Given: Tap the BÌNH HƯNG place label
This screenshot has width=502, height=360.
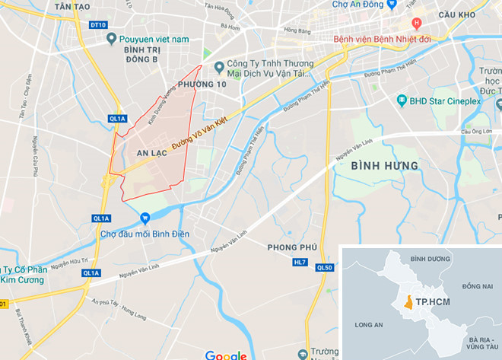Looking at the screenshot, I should pyautogui.click(x=385, y=165).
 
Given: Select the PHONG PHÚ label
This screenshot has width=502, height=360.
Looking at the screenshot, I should pyautogui.click(x=292, y=247).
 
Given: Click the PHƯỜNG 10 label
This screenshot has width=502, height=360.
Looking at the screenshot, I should pyautogui.click(x=201, y=84).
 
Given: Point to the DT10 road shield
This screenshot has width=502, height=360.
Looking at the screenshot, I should pyautogui.click(x=97, y=25).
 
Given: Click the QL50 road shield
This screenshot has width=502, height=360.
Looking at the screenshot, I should pyautogui.click(x=325, y=267).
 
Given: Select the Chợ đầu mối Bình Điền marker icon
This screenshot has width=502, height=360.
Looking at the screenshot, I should pyautogui.click(x=144, y=219).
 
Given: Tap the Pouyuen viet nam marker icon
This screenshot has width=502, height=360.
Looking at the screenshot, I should pyautogui.click(x=112, y=38).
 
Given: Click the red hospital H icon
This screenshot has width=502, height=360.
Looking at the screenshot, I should pyautogui.click(x=416, y=24).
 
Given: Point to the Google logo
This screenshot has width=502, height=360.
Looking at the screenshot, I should pyautogui.click(x=225, y=355).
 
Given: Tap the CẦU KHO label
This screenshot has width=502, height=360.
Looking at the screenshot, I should pyautogui.click(x=463, y=14).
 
